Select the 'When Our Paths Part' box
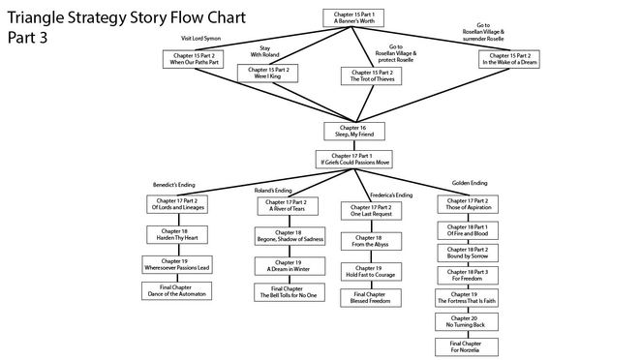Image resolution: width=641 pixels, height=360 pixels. coord(195,59)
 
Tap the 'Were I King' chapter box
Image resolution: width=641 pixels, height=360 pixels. coord(271,74)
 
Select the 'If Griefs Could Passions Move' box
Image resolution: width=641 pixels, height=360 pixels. coord(353,159)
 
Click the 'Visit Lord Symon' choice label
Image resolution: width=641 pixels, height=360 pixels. coord(201,39)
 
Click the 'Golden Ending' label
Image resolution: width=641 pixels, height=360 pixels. coord(471,183)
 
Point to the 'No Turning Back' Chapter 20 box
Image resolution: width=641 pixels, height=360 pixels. coord(468,320)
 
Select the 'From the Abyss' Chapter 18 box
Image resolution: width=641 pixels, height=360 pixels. coord(370,242)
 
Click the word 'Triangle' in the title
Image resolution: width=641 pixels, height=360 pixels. coord(38,18)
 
